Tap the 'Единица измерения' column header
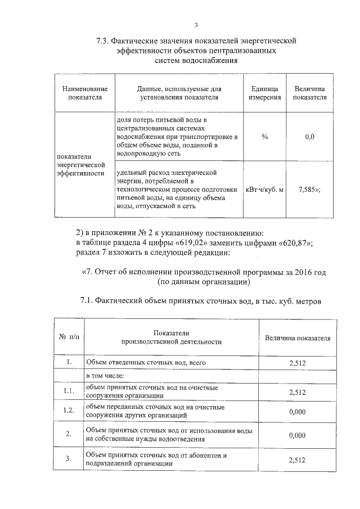[x=265, y=93]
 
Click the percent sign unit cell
[x=265, y=137]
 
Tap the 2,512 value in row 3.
[x=297, y=460]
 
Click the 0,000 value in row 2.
[x=297, y=435]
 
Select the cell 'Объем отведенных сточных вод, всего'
[x=138, y=363]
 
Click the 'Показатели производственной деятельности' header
[x=172, y=337]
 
